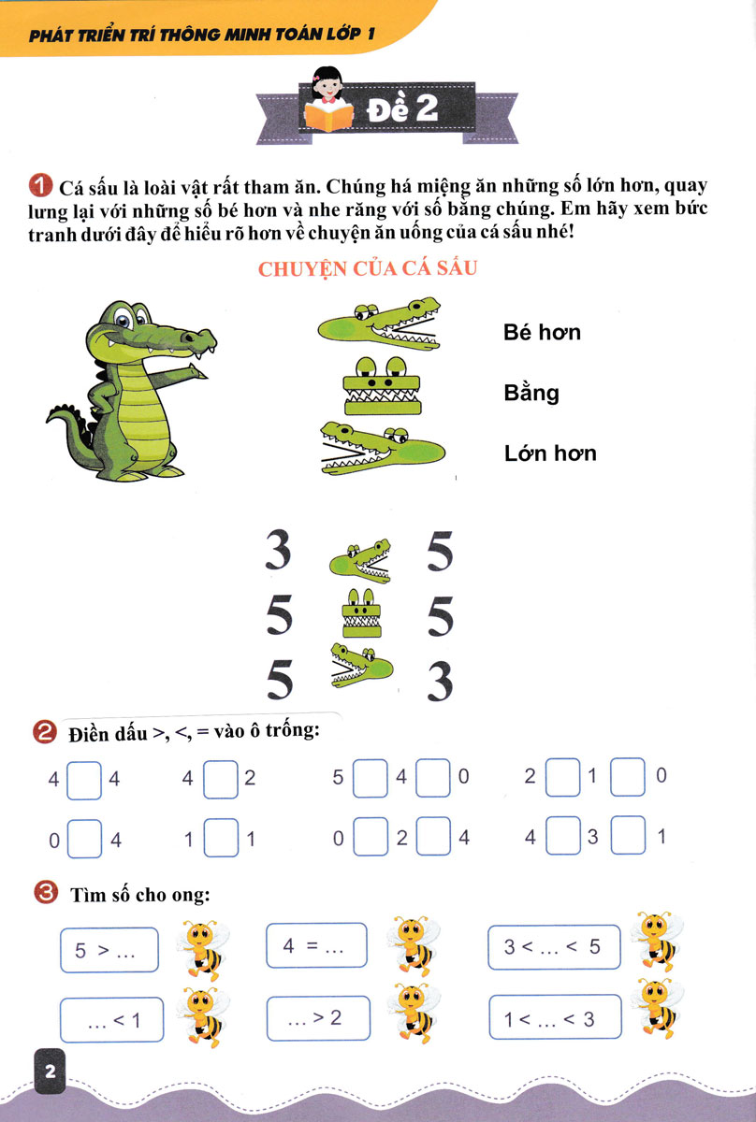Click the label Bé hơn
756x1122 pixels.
coord(542,332)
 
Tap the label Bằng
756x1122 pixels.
coord(531,393)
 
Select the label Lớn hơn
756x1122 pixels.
coord(550,453)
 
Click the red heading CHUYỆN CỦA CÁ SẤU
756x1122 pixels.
coord(368,269)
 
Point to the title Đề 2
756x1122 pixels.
coord(402,108)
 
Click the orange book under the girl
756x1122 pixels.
coord(328,116)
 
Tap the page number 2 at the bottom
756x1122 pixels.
coord(51,1072)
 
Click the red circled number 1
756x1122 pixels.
coord(40,186)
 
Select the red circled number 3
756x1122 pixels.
coord(46,893)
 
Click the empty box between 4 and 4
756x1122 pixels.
coord(84,781)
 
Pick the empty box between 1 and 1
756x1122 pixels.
coord(221,838)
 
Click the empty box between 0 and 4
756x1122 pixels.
coord(84,839)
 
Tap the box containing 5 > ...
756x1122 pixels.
coord(109,950)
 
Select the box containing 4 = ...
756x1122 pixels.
coord(316,945)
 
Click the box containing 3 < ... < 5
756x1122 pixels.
coord(554,946)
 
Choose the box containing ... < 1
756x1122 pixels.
coord(111,1020)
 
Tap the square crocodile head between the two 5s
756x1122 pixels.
coord(361,612)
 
